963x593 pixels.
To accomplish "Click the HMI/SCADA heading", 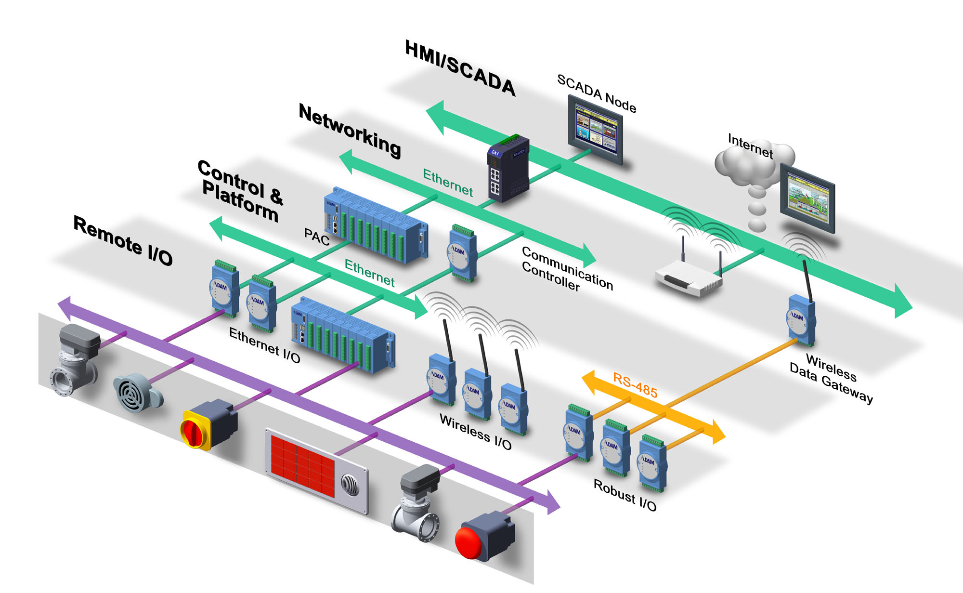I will tap(460, 68).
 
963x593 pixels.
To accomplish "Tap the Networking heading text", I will tap(350, 130).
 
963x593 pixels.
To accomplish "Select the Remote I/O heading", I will tap(123, 240).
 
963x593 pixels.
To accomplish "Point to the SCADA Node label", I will tap(597, 93).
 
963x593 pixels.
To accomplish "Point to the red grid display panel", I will tap(302, 464).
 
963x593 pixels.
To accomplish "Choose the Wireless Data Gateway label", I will tap(831, 379).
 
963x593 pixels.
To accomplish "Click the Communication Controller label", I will tap(567, 269).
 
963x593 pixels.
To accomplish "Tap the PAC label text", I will tap(316, 236).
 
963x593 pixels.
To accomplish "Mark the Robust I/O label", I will tap(625, 494).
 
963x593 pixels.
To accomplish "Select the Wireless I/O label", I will tap(475, 431).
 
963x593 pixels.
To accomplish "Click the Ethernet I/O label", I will tap(264, 344).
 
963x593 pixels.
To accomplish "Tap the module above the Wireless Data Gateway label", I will tap(801, 320).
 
